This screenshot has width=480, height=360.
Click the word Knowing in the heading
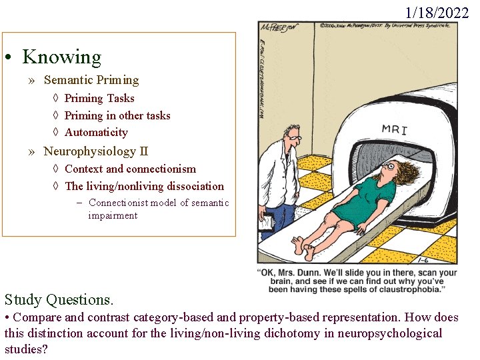(61, 57)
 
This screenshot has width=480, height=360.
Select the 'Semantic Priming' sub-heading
(91, 80)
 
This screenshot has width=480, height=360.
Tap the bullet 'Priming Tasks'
(99, 98)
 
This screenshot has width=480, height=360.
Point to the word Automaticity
(96, 132)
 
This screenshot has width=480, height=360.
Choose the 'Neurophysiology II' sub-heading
(96, 151)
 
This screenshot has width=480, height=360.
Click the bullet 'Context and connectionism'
(130, 169)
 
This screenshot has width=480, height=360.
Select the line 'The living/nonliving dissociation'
(144, 186)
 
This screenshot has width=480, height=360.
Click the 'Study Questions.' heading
(59, 299)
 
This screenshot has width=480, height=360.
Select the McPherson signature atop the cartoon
(279, 29)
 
